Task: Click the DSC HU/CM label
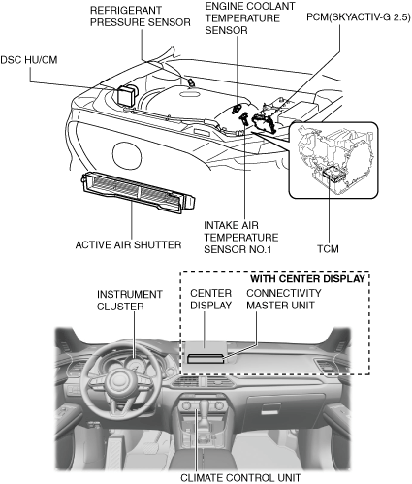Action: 29,60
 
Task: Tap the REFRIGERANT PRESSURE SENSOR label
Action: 141,16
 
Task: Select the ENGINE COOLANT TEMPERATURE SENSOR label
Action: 250,18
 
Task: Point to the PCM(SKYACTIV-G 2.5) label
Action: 359,17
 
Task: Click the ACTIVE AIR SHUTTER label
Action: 128,244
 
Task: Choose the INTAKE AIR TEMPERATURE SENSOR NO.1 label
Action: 240,237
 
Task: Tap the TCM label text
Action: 328,249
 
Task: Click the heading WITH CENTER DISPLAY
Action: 307,278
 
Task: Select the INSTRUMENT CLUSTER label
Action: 130,300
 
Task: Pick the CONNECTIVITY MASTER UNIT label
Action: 284,299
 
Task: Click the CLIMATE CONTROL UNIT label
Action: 240,477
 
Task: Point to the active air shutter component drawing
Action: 139,192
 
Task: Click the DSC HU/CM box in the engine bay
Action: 127,94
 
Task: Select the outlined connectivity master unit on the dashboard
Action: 206,359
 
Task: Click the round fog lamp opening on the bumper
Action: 127,156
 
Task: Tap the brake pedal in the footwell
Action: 149,448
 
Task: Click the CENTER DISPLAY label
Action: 210,299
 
